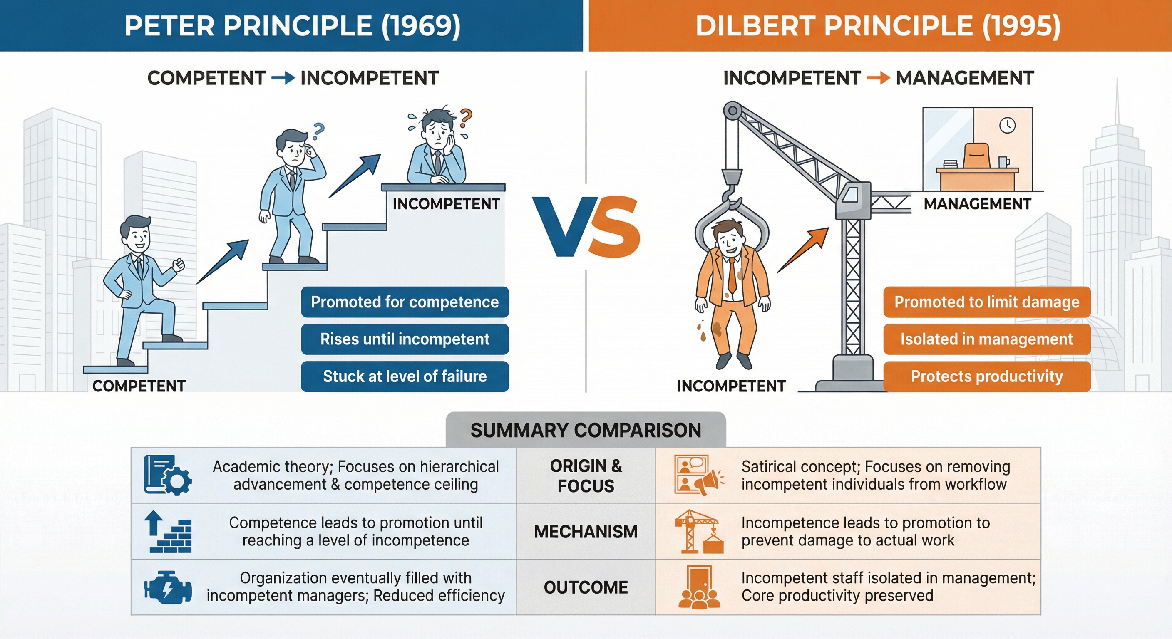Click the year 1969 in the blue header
pos(420,26)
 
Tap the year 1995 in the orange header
pos(1021,26)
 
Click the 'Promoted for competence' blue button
pos(405,302)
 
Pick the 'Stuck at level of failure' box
pos(405,376)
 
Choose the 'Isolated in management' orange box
pos(987,339)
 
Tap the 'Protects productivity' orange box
pos(987,376)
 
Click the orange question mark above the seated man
pos(465,118)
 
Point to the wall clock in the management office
pos(1007,125)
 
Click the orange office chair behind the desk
pos(976,156)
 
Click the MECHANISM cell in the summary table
pos(586,531)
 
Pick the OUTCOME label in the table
pos(586,587)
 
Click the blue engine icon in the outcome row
pos(167,587)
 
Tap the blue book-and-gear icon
pos(167,475)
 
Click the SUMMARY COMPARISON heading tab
pos(586,430)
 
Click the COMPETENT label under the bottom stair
pos(139,386)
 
